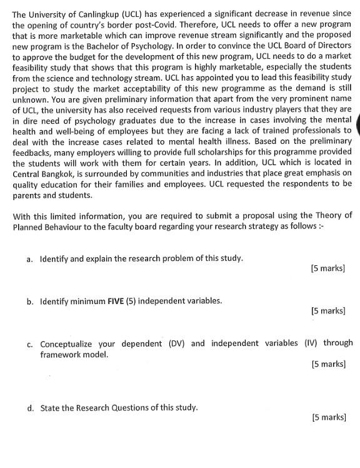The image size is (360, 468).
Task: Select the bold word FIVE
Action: tap(115, 300)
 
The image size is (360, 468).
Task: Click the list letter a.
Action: tap(30, 258)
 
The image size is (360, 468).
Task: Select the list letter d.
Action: tap(30, 407)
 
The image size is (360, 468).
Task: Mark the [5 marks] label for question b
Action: tap(327, 310)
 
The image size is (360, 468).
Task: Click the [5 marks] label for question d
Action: tap(327, 417)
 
